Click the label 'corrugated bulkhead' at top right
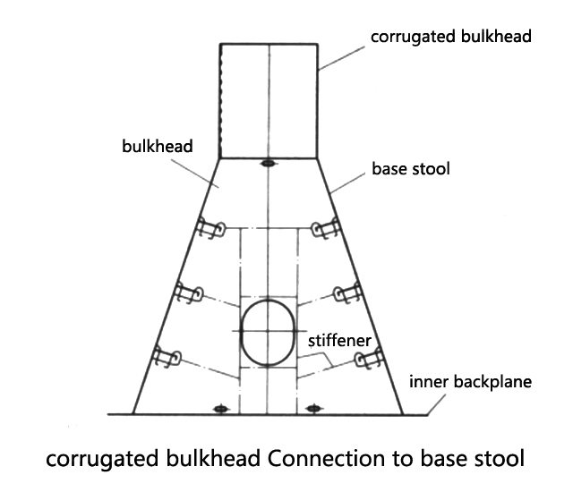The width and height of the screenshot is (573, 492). pyautogui.click(x=451, y=37)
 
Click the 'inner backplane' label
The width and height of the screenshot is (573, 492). pyautogui.click(x=470, y=382)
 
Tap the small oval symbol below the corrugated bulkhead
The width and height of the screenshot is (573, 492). pyautogui.click(x=267, y=164)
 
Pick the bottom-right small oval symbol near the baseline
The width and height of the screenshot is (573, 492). pyautogui.click(x=312, y=409)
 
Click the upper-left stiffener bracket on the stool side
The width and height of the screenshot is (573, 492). pyautogui.click(x=209, y=231)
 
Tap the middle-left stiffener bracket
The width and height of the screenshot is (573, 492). pyautogui.click(x=189, y=293)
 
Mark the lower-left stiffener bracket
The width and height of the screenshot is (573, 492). pyautogui.click(x=167, y=357)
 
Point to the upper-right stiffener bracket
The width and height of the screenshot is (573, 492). pyautogui.click(x=325, y=231)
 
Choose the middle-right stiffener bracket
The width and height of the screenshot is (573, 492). pyautogui.click(x=346, y=293)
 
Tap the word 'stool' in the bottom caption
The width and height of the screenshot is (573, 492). pyautogui.click(x=496, y=462)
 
